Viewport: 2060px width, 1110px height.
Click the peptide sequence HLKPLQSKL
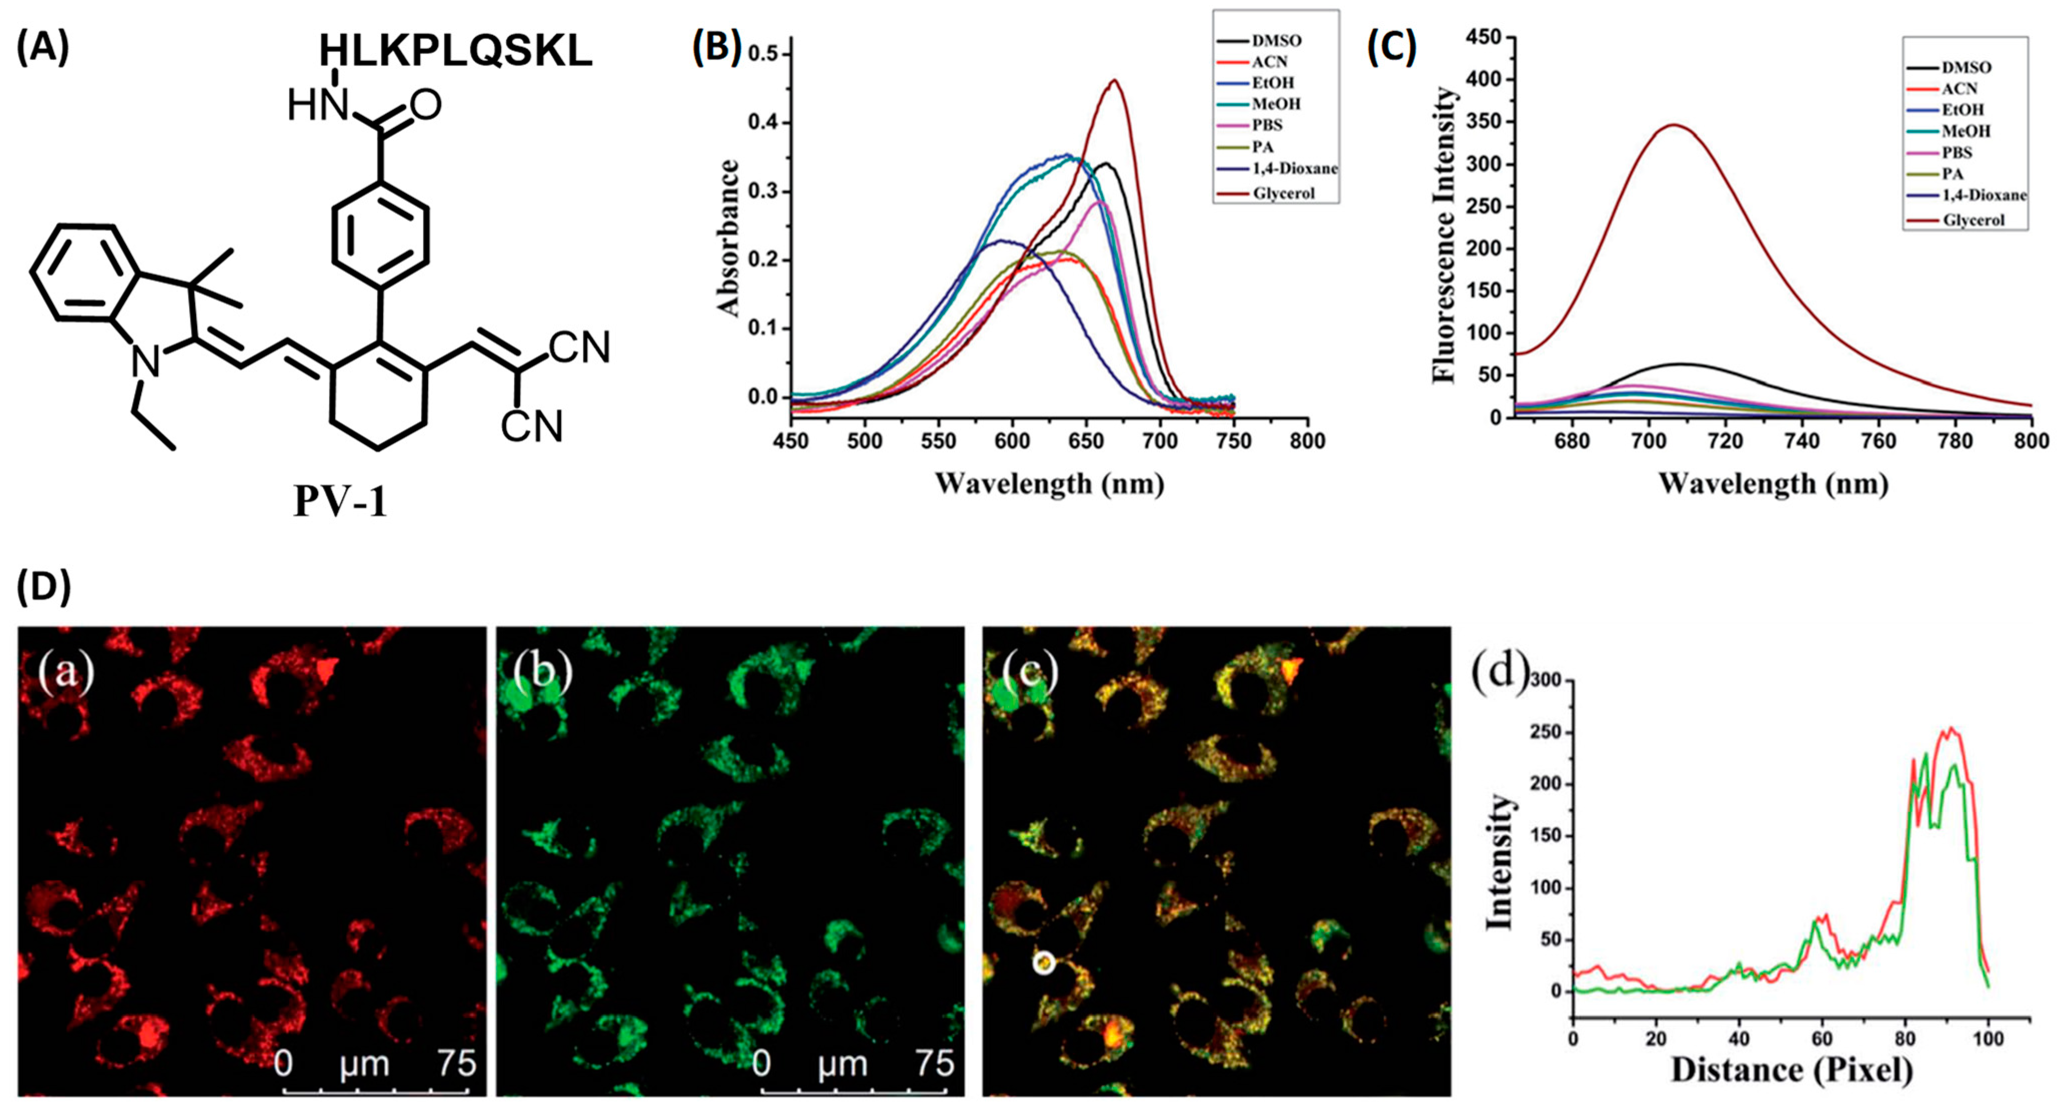(x=456, y=51)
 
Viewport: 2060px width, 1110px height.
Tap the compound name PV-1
(x=340, y=502)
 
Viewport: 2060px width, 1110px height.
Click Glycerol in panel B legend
(x=1283, y=193)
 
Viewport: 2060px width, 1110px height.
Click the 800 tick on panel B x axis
(x=1307, y=441)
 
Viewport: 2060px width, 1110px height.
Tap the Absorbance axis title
(x=729, y=237)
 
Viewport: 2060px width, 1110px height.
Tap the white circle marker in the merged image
(x=1043, y=963)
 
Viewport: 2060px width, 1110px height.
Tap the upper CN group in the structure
(x=580, y=347)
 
